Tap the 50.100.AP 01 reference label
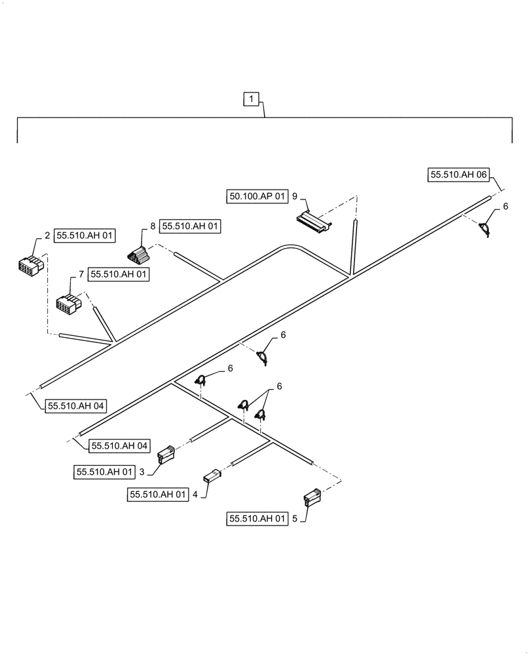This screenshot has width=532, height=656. (258, 195)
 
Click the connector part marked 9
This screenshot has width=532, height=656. (313, 222)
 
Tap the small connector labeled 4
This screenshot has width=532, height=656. (211, 476)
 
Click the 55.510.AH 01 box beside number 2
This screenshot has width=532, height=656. (85, 236)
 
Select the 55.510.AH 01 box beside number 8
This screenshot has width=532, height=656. (191, 226)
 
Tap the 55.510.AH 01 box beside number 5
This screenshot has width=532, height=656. (257, 518)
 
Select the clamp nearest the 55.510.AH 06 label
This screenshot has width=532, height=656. (485, 229)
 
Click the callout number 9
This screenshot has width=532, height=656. (295, 195)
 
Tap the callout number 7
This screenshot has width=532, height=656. (81, 274)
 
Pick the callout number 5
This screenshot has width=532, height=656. (294, 518)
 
